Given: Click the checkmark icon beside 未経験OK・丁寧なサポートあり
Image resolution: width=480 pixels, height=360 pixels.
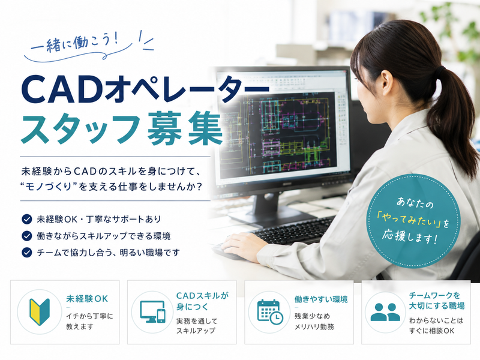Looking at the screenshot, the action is point(27,219).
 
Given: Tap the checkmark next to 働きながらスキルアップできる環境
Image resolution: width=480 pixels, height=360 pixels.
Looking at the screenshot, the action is point(27,236).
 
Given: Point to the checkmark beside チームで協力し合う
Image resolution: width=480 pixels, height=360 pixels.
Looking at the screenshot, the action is point(27,253).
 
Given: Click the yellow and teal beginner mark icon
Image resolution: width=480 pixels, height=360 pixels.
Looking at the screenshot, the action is point(40,311).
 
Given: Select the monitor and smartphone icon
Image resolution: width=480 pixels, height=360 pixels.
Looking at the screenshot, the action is point(152,311).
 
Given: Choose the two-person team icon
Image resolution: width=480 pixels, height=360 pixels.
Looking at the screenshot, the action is point(385,312).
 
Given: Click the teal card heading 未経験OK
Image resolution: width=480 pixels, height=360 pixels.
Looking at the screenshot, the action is point(87,298).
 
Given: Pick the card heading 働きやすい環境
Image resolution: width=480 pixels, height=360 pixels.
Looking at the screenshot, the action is point(321,299).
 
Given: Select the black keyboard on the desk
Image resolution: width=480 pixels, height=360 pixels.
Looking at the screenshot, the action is point(294,230).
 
